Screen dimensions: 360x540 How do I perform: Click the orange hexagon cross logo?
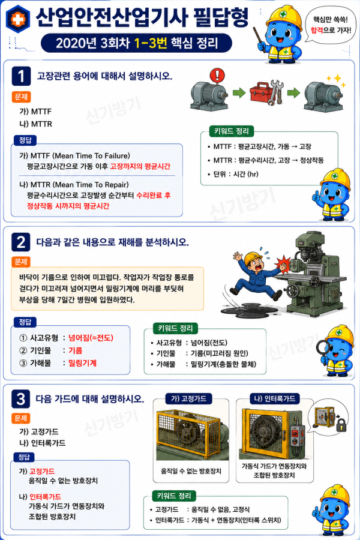tap(18, 19)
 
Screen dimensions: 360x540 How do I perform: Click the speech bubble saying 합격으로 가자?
tap(331, 25)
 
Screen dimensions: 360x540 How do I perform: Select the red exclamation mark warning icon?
tap(217, 76)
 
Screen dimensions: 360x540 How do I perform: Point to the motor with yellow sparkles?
tap(323, 97)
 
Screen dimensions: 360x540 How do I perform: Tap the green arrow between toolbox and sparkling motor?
tap(293, 92)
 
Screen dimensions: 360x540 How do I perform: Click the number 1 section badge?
tap(21, 76)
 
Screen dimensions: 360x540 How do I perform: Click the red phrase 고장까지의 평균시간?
tap(140, 166)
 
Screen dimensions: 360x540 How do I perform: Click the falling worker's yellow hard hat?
tap(253, 258)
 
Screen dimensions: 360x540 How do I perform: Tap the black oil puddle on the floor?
tap(251, 308)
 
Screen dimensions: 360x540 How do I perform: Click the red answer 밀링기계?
tap(82, 363)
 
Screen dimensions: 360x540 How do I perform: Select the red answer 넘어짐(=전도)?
tap(91, 338)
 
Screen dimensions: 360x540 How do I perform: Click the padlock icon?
tap(341, 425)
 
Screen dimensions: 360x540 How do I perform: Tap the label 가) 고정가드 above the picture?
tap(189, 398)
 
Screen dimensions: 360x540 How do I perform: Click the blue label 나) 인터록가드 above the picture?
tap(275, 398)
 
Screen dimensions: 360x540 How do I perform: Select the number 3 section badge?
tap(20, 399)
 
